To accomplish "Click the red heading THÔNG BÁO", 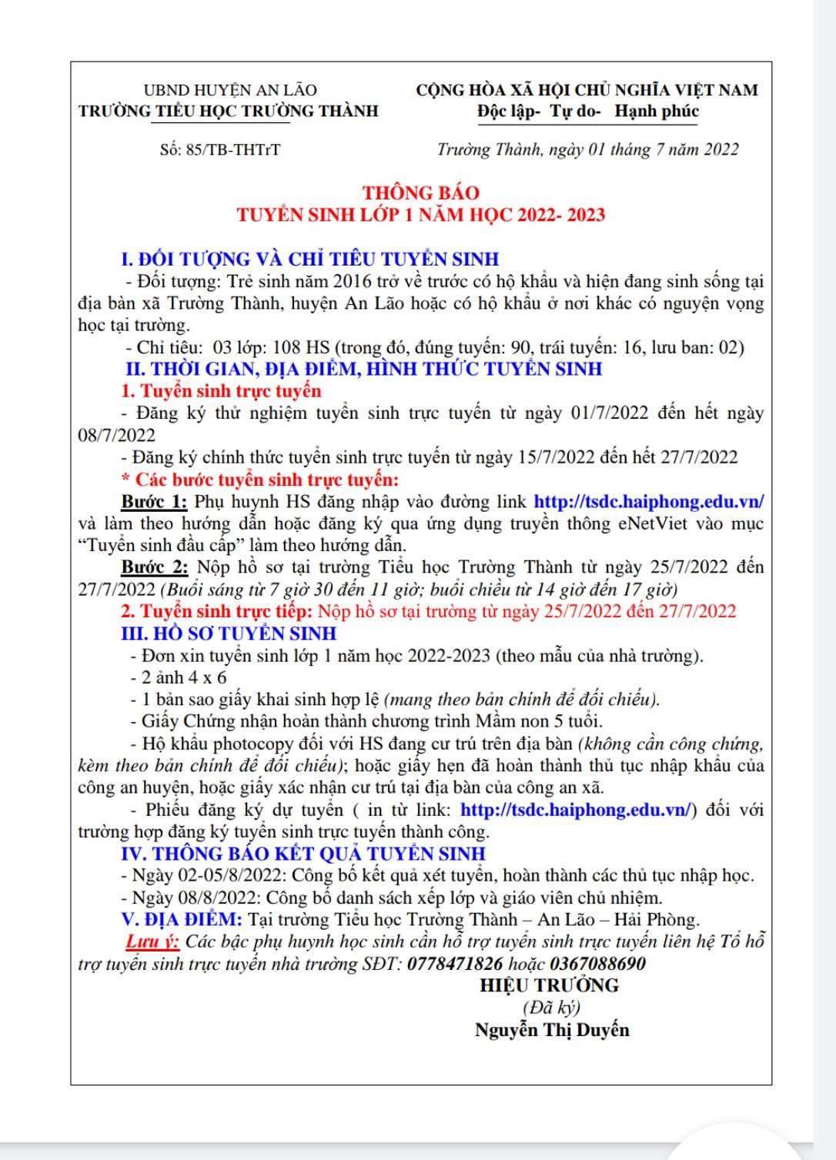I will [x=420, y=192].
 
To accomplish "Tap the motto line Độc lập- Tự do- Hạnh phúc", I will [x=587, y=112].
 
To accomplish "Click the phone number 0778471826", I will [x=455, y=964].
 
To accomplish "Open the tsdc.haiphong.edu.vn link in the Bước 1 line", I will [x=648, y=502].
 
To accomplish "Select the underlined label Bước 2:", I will [x=154, y=568].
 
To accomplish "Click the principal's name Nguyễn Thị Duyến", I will [x=551, y=1030].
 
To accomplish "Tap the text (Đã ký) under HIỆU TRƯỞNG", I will [x=551, y=1008].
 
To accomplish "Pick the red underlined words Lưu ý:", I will [x=152, y=941].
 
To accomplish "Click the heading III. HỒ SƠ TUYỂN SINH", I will [x=229, y=633].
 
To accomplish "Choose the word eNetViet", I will [x=653, y=523].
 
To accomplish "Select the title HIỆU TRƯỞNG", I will [x=549, y=985].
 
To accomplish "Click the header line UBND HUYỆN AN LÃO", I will [x=229, y=90].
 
